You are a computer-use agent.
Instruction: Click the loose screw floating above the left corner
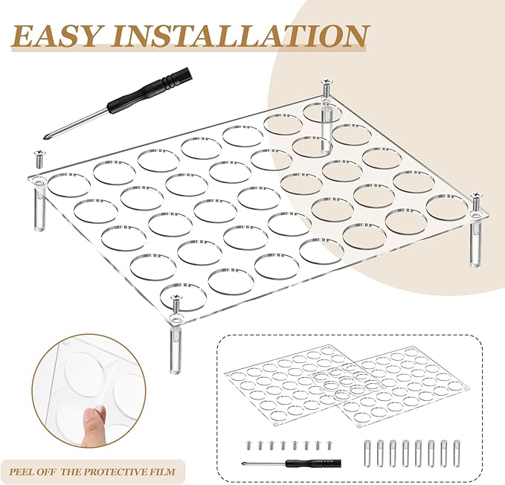click(x=38, y=158)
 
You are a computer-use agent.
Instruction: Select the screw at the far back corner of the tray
click(x=327, y=88)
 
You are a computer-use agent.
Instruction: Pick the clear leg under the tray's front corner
click(x=176, y=351)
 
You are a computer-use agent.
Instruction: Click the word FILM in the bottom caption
click(x=165, y=472)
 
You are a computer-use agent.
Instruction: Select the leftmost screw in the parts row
click(x=248, y=446)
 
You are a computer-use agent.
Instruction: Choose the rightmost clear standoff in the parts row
click(x=456, y=453)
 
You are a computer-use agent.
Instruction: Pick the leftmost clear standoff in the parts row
click(x=367, y=453)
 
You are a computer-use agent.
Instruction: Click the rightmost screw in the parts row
click(x=329, y=446)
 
